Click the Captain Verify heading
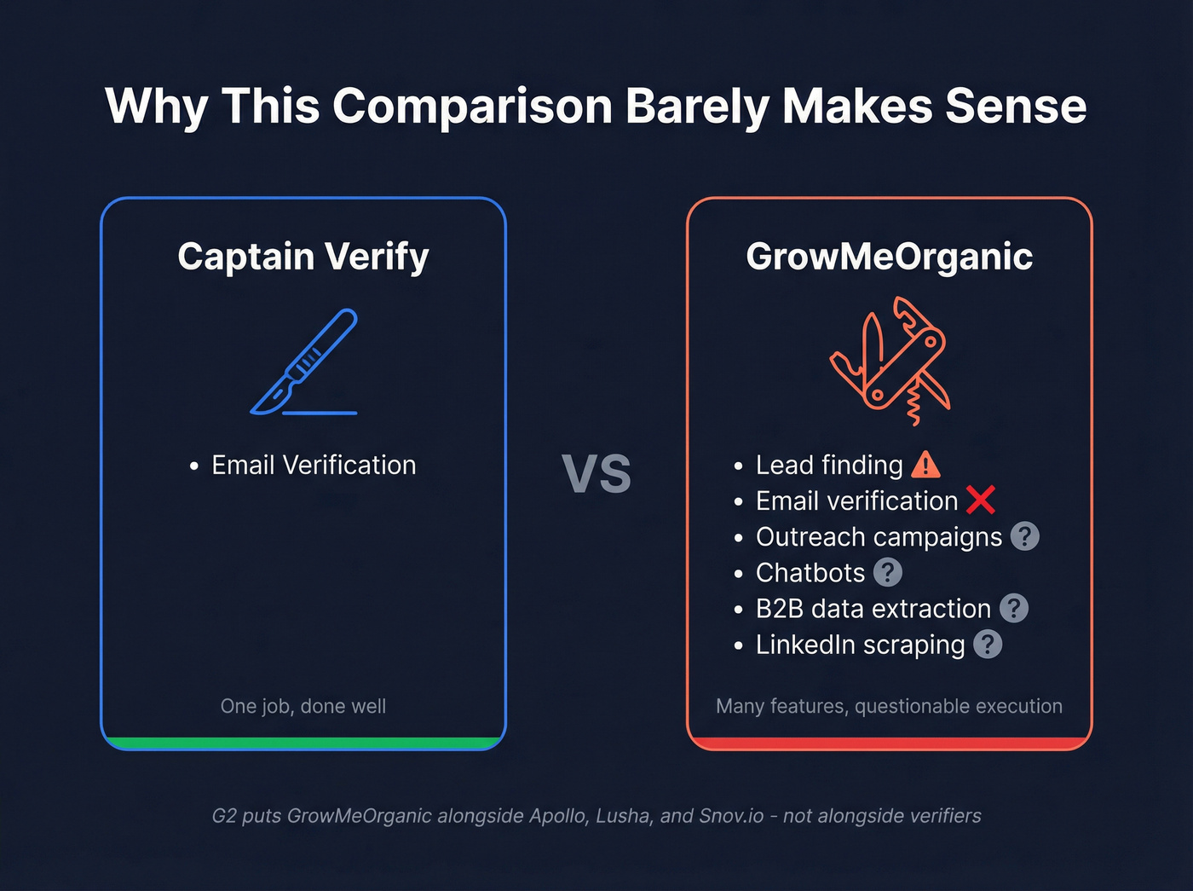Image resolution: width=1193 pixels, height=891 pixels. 303,257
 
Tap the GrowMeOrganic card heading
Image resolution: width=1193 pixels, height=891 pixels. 889,257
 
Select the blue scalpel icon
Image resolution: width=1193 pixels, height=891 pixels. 305,362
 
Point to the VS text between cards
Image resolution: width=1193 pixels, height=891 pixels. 596,475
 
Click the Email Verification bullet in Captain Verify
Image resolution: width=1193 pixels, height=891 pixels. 314,466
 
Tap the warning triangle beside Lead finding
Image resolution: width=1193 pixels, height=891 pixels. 925,465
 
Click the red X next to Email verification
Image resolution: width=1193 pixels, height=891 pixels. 981,500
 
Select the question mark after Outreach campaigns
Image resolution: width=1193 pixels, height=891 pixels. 1024,536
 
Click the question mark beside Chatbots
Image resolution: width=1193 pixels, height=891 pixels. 887,572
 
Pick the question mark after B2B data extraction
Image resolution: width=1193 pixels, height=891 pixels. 1013,608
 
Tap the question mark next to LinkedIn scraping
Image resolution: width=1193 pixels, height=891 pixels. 987,645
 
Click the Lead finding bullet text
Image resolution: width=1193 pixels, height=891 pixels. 828,466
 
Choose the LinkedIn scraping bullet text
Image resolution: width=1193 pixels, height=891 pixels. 860,645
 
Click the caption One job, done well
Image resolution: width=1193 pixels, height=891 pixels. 303,706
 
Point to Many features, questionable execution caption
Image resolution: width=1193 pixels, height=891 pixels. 889,706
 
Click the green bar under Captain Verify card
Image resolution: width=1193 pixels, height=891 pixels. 303,743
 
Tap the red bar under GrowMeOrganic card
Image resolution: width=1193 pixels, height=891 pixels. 889,743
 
